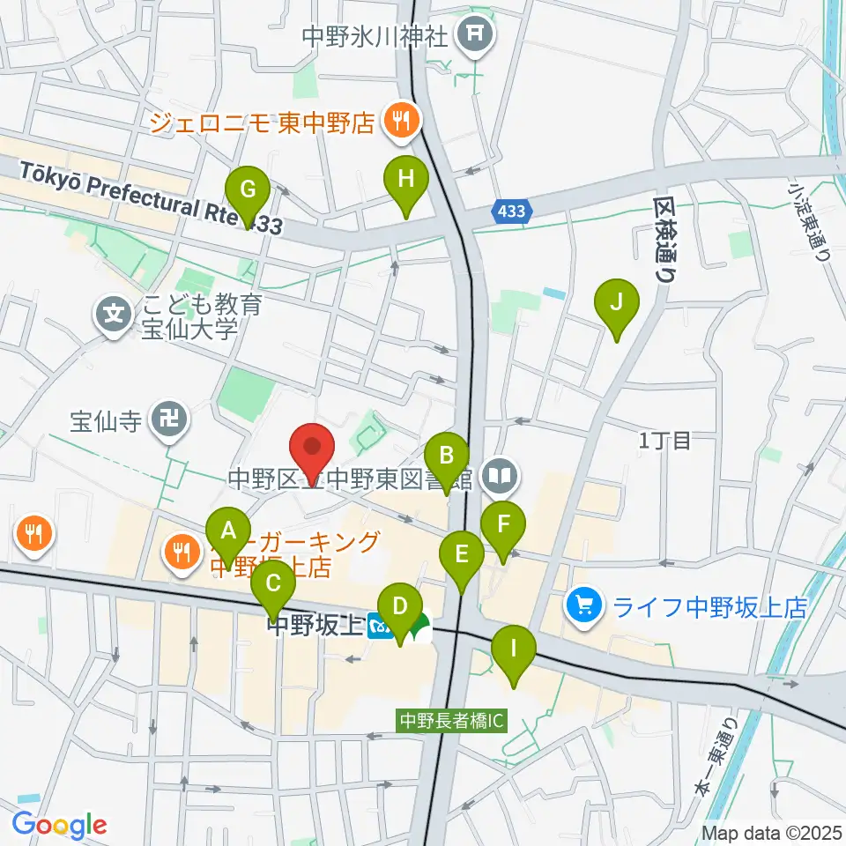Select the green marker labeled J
[x=617, y=304]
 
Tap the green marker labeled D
[x=400, y=608]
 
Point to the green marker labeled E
[x=462, y=556]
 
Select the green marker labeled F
[x=503, y=526]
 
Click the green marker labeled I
[x=513, y=650]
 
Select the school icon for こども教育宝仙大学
[x=114, y=313]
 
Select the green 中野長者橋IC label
[x=451, y=721]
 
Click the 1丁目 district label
[x=666, y=441]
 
